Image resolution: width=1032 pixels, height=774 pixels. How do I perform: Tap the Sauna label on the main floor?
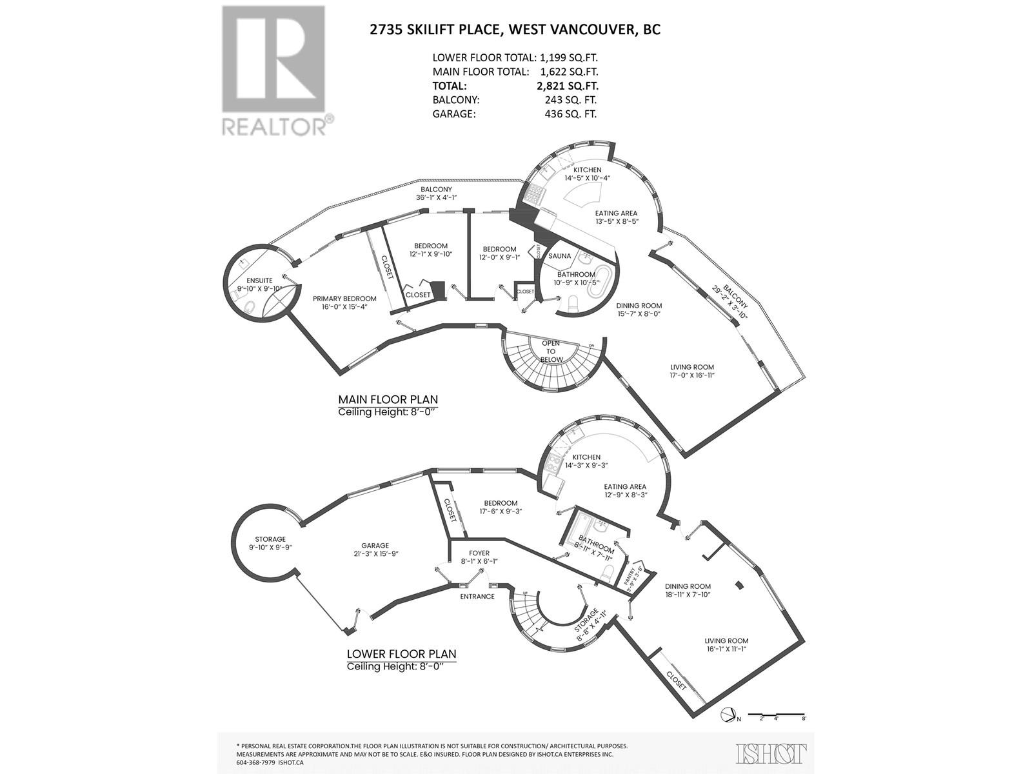tap(559, 256)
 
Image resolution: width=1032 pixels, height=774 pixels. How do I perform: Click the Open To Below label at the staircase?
tap(551, 352)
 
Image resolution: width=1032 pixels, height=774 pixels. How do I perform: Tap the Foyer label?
tap(479, 553)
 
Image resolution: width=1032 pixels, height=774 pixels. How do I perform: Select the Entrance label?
tap(477, 597)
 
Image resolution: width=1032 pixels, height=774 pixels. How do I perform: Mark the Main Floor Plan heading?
tap(388, 400)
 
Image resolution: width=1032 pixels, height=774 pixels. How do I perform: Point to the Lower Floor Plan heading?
tap(401, 653)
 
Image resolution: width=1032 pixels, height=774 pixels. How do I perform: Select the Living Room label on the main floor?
tap(692, 367)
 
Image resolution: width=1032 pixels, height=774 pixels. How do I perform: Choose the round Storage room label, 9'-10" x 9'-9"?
tap(270, 539)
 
